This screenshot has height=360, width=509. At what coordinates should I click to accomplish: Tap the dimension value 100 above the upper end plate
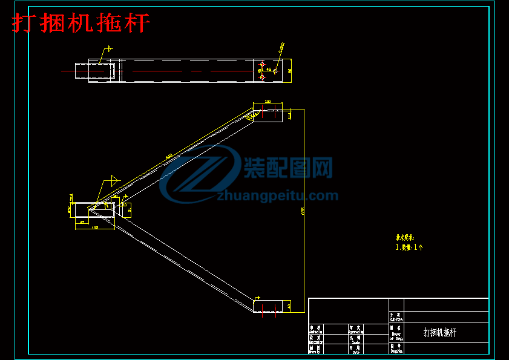268,102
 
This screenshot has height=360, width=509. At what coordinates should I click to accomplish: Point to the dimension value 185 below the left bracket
95,228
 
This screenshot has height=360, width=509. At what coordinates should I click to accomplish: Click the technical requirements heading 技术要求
405,238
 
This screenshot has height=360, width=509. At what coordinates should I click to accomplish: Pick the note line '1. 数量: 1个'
409,247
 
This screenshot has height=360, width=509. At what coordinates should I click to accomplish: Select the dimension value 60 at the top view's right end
290,71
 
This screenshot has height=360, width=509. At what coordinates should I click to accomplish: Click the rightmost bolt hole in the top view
275,71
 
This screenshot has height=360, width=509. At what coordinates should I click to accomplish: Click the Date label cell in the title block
355,350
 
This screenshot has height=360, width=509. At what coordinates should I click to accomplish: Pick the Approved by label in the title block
355,329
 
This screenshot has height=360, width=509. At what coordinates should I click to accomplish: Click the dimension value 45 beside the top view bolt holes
269,70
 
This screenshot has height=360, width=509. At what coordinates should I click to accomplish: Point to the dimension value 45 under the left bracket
82,223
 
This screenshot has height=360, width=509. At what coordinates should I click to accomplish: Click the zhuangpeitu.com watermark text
277,195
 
